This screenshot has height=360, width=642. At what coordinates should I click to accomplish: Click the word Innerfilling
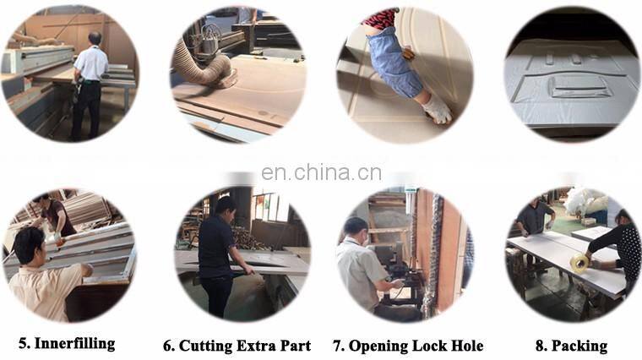(x=74, y=343)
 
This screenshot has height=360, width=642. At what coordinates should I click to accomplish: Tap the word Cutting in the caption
(x=206, y=346)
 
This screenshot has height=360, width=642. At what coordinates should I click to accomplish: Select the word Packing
(x=579, y=346)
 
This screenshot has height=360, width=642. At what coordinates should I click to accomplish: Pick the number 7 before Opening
(x=338, y=346)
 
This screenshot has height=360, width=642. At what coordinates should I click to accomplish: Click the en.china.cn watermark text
(x=321, y=172)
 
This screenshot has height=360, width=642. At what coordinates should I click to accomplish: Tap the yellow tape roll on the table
(x=579, y=262)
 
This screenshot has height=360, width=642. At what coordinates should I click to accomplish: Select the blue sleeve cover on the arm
(x=393, y=62)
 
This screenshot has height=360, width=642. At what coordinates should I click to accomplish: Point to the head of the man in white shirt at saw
(x=95, y=39)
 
